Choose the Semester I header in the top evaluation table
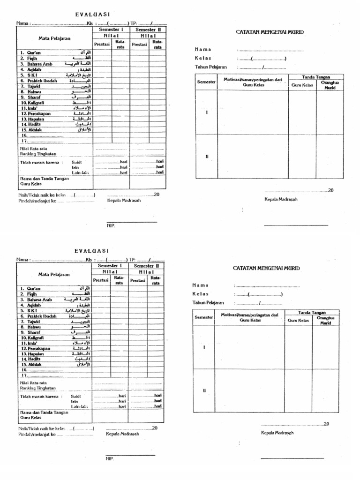click(x=111, y=29)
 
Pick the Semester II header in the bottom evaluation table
click(x=147, y=266)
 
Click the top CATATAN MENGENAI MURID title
click(x=270, y=32)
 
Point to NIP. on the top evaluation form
click(x=111, y=225)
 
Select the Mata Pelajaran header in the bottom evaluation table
click(x=54, y=274)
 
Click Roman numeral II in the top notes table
click(x=206, y=157)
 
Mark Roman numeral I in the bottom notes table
click(x=204, y=347)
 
